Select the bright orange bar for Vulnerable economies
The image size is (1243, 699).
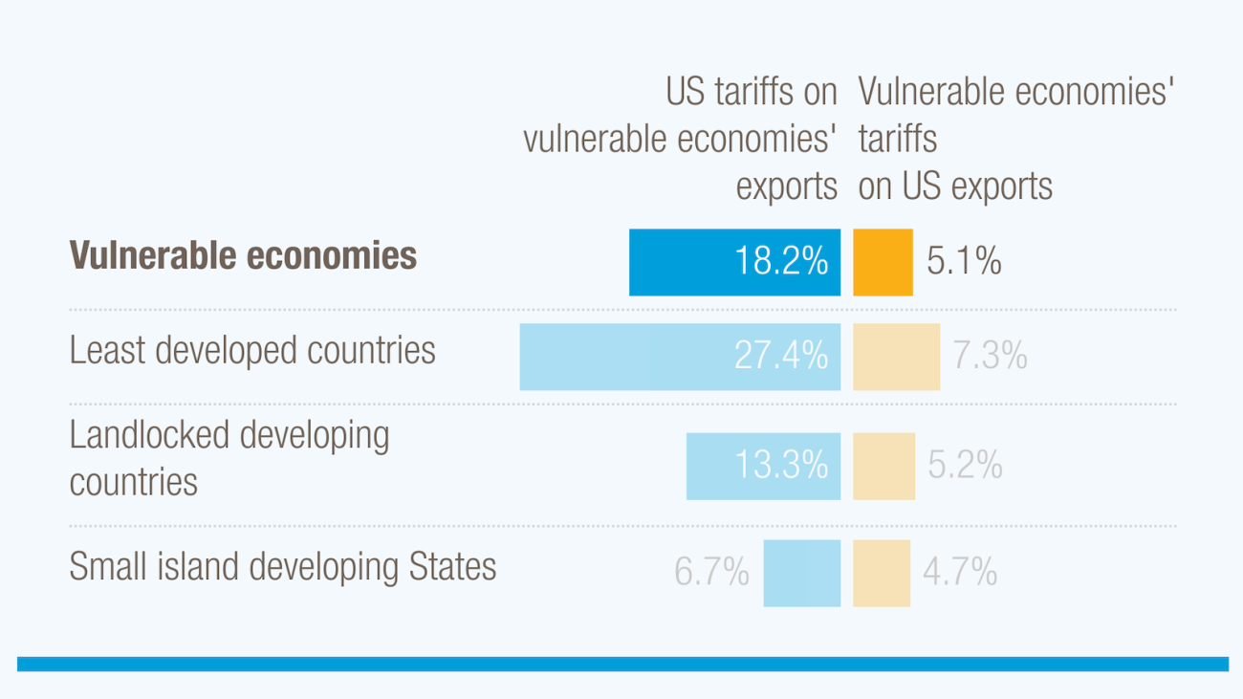(x=883, y=262)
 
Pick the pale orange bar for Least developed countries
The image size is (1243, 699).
(x=896, y=357)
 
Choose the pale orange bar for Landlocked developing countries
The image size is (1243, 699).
(x=883, y=466)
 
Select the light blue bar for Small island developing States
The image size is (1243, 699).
(x=801, y=573)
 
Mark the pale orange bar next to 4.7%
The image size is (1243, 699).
(x=881, y=573)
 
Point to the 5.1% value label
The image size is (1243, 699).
(x=964, y=261)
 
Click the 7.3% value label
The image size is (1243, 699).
(x=990, y=356)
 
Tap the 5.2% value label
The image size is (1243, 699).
(x=965, y=466)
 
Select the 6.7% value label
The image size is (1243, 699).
(x=711, y=573)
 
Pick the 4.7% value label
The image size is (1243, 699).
(x=960, y=573)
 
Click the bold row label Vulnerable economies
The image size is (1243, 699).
(x=243, y=255)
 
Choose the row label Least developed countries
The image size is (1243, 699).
(x=252, y=351)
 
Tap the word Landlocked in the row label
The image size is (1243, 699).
(x=149, y=435)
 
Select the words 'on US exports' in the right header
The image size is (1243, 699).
(x=955, y=186)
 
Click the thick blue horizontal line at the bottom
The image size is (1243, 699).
(x=621, y=664)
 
